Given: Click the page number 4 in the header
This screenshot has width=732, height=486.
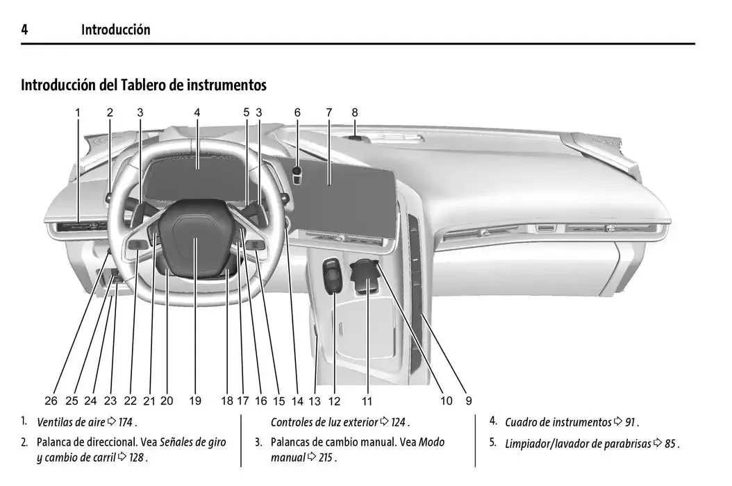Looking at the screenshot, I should tap(24, 29).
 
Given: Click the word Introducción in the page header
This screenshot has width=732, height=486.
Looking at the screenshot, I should tap(115, 29).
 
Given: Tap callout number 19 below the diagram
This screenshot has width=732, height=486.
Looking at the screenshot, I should tap(194, 401).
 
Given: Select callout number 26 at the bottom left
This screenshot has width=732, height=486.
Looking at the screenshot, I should tap(51, 401).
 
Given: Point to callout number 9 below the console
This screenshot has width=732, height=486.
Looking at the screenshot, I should tap(469, 401).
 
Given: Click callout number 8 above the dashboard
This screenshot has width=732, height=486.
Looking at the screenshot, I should tap(354, 112).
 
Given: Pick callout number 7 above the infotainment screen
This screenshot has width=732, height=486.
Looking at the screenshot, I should tap(329, 112).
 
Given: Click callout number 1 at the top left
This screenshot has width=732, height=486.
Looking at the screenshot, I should tap(78, 112).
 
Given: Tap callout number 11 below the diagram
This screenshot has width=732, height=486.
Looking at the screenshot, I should tap(367, 401).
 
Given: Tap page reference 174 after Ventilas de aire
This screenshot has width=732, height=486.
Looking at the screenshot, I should tap(126, 422).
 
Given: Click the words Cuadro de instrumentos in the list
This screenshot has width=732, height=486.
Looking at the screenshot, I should tap(558, 422).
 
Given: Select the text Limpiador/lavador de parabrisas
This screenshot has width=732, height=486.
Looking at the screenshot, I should tap(578, 444).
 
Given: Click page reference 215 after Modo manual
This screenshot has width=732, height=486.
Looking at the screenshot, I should tap(327, 458).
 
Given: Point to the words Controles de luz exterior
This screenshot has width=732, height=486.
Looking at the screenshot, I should tap(324, 422).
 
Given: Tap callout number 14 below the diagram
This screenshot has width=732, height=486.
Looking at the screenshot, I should tap(297, 401).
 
